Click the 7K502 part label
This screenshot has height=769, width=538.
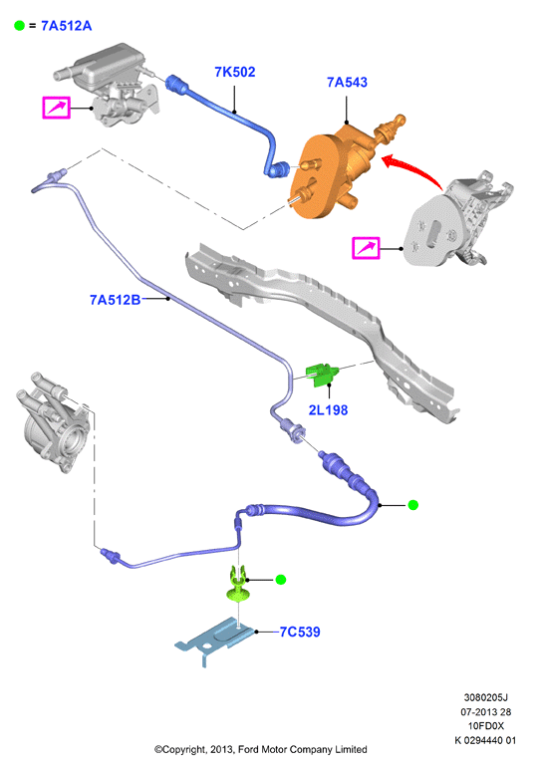(235, 72)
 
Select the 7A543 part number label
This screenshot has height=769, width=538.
(347, 82)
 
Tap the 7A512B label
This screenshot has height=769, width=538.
(115, 300)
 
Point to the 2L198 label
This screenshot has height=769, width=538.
(328, 410)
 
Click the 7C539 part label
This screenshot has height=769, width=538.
(300, 632)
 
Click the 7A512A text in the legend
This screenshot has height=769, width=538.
(66, 26)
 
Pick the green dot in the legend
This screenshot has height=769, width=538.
(20, 26)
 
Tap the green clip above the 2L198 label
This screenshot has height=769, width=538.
(322, 375)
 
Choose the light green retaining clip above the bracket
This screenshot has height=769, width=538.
(238, 584)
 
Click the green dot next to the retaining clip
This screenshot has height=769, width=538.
(281, 580)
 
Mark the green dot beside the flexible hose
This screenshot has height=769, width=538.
(412, 505)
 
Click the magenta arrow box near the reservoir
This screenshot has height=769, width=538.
(57, 108)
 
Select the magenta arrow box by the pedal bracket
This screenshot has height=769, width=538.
(366, 248)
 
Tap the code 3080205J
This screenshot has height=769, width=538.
(485, 697)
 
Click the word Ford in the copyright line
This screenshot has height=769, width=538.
(249, 749)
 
